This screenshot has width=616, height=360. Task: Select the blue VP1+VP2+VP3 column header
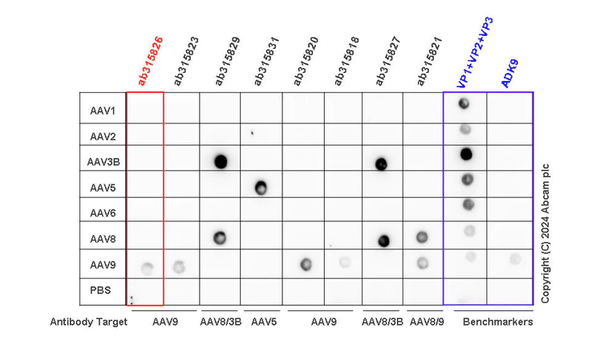point(475,52)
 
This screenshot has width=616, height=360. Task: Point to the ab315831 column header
point(266,60)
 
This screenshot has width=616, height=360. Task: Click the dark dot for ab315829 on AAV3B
point(221,161)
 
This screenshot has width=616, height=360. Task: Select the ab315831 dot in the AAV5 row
point(261,188)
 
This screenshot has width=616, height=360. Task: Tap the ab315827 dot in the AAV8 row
point(383,240)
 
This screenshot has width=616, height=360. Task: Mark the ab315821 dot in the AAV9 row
point(422,262)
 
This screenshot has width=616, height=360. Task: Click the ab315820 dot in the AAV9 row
point(305,264)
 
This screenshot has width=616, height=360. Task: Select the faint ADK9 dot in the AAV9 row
point(515,258)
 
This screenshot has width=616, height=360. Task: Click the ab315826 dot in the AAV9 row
point(147,268)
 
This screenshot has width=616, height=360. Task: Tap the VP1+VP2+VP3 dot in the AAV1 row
point(464,103)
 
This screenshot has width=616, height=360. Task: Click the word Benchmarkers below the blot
point(497,322)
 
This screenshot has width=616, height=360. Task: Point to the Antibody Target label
point(88,322)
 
